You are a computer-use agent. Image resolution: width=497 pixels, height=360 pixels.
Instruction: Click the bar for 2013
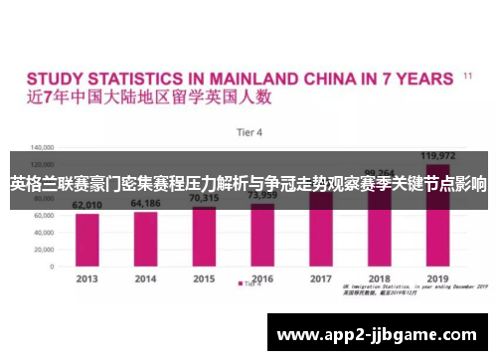point(87,238)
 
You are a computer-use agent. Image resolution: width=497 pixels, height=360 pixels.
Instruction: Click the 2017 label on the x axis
point(320,278)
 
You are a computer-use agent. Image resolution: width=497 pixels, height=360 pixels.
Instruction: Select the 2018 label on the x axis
point(379,278)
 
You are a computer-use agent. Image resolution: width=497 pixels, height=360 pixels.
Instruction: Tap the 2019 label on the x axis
point(437,278)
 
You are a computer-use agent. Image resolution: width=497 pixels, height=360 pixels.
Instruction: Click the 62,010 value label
point(87,205)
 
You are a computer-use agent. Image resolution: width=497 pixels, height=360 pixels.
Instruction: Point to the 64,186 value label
point(145,203)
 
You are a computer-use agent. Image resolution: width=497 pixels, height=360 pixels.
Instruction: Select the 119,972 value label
point(437,156)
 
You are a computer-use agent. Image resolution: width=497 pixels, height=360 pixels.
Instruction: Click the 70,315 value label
point(204,199)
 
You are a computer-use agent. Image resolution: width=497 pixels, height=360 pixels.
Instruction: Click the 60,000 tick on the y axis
point(43,215)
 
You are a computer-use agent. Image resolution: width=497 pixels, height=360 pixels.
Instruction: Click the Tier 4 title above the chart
point(248,131)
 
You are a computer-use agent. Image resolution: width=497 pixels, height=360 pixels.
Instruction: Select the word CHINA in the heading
point(345,77)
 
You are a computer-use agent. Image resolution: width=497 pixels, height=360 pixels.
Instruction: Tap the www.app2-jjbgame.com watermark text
point(378,334)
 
